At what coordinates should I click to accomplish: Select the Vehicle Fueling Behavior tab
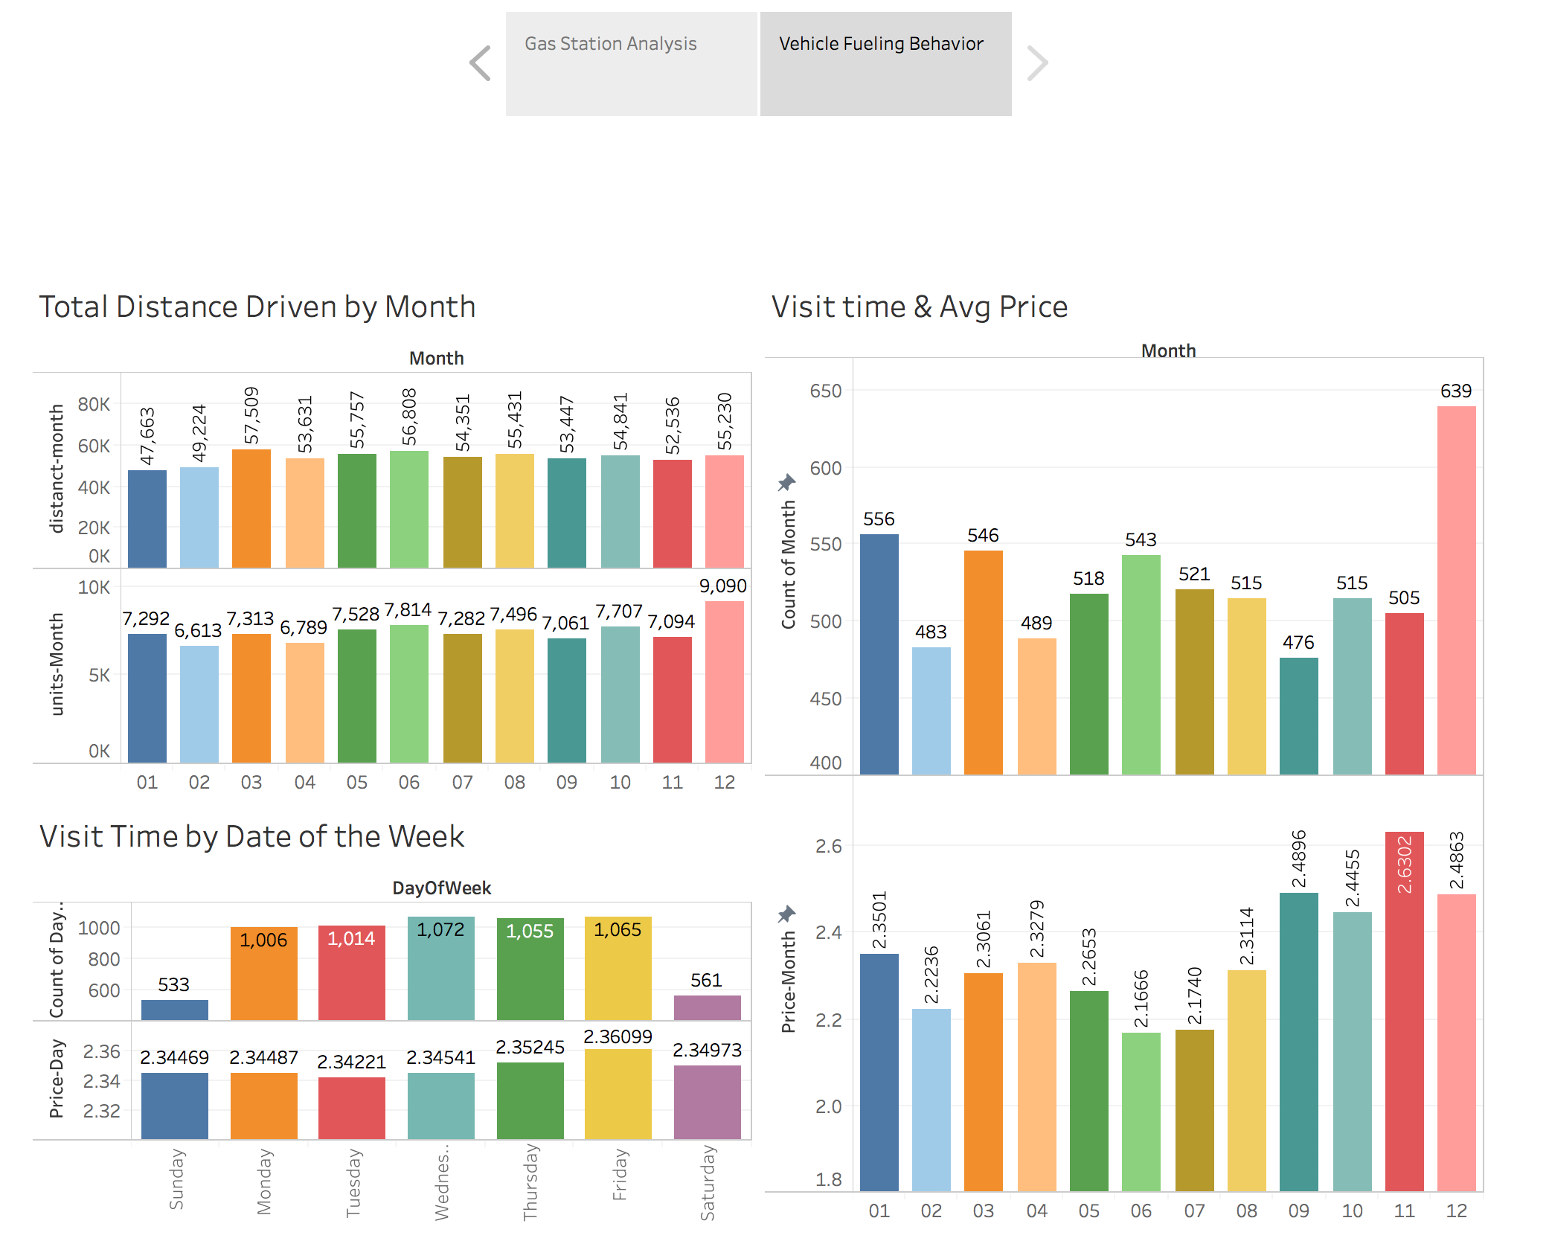pos(885,63)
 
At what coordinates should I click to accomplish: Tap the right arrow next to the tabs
pos(1037,63)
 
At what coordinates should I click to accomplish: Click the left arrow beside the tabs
pos(481,63)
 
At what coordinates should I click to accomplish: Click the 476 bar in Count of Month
pos(1298,715)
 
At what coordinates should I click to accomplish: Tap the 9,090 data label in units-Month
pos(722,586)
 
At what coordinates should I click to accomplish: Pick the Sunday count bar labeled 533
pos(175,1010)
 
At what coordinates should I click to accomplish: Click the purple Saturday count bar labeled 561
pos(707,1007)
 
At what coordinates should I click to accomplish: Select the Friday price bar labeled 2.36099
pos(618,1094)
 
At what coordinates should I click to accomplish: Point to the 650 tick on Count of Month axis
pos(825,391)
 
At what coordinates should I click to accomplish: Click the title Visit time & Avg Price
pos(920,307)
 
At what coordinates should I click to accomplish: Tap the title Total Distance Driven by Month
pos(257,307)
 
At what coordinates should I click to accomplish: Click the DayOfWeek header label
pos(442,888)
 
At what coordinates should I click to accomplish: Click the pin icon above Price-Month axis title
pos(786,914)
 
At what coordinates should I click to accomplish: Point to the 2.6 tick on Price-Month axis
pos(828,846)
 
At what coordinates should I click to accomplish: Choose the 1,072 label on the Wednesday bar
pos(440,929)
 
